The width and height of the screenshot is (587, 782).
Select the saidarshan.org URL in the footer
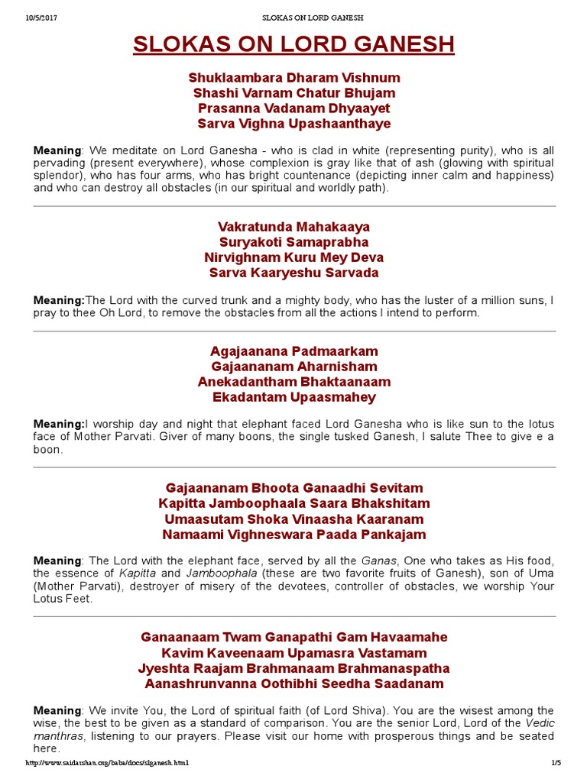click(x=106, y=763)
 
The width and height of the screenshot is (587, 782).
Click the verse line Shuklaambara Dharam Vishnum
click(x=293, y=78)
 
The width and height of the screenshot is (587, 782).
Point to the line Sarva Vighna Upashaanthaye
click(x=293, y=124)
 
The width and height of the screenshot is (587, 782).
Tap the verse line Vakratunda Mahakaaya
click(x=293, y=227)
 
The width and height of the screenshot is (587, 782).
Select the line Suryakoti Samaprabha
click(x=293, y=242)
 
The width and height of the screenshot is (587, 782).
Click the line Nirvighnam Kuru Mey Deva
click(x=293, y=257)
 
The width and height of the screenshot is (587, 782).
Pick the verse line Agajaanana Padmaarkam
click(x=293, y=351)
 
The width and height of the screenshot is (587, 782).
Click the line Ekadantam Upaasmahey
click(x=293, y=397)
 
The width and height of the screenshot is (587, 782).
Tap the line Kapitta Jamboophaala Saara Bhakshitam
click(x=293, y=503)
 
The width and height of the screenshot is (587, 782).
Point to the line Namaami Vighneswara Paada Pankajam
click(x=293, y=535)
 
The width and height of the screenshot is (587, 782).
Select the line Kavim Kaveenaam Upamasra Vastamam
click(x=293, y=653)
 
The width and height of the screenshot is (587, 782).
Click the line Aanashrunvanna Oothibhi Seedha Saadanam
click(x=293, y=683)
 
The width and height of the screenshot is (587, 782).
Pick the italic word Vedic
click(x=540, y=723)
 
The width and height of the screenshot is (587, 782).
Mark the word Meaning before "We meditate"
click(x=57, y=150)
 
